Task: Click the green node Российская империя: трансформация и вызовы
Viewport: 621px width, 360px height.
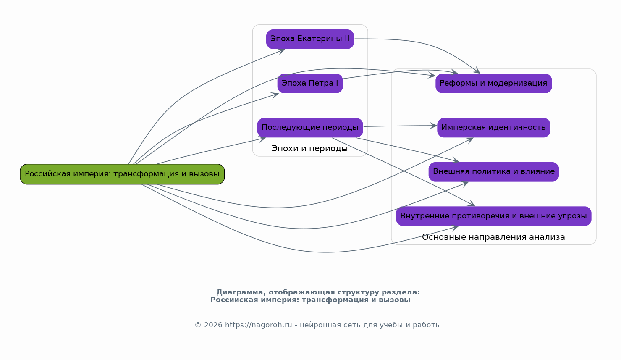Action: tap(122, 174)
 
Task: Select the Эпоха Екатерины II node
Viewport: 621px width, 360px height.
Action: tap(310, 39)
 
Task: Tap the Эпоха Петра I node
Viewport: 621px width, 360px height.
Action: tap(310, 83)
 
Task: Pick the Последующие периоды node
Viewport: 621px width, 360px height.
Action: tap(310, 127)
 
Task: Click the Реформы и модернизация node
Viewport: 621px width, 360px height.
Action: tap(493, 83)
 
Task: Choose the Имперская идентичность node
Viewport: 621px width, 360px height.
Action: tap(493, 127)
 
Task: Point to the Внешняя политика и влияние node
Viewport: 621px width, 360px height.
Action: tap(493, 171)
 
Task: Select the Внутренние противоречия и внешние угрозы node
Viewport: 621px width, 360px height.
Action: tap(493, 216)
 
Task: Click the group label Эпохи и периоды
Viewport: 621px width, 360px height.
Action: tap(309, 149)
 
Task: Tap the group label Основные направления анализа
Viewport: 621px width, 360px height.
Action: tap(493, 237)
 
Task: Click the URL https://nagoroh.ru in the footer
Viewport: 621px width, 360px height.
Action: tap(258, 325)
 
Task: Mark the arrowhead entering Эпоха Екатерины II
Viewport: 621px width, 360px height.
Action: tap(282, 50)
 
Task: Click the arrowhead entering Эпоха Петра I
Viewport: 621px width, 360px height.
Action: tap(276, 95)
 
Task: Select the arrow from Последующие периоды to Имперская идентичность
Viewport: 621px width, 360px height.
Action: tap(399, 126)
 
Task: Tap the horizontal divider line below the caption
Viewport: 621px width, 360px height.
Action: tap(318, 312)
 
